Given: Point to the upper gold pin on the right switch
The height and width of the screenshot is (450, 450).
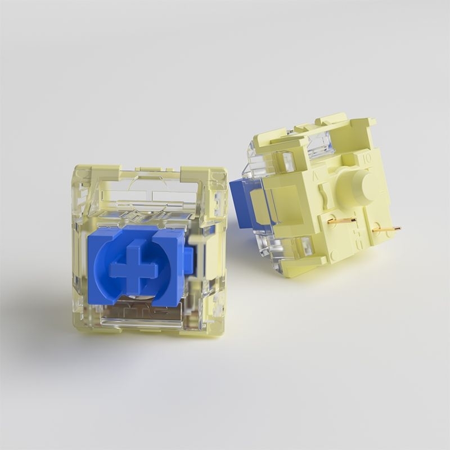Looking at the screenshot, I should click(341, 220).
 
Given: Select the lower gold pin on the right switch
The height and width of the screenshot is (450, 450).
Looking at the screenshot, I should click(386, 229).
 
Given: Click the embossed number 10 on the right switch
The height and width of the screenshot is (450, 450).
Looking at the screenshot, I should click(367, 159).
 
